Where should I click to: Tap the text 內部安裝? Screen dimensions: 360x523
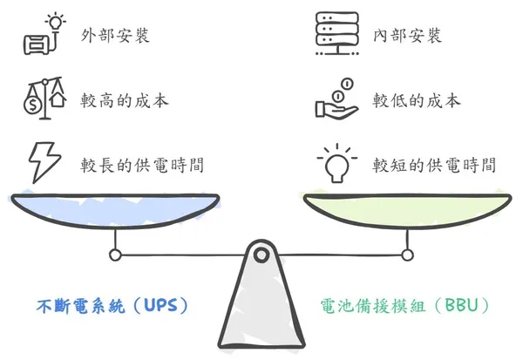pos(407,36)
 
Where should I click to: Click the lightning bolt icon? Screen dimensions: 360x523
pos(43,160)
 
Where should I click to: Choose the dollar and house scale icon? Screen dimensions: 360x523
pos(44,98)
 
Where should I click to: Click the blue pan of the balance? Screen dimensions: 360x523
pos(113,208)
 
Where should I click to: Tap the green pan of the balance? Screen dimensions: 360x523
pos(407,209)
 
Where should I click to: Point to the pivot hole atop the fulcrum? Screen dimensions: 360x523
pos(261,255)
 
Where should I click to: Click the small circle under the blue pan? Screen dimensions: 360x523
pos(114,255)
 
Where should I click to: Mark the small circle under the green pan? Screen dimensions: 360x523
pos(407,255)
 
